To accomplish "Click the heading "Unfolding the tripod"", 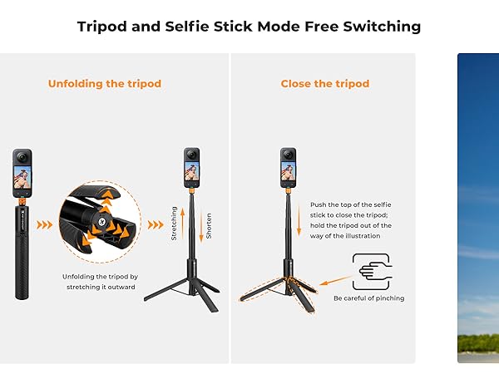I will coord(105,84).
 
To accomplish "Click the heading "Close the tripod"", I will coord(324,84).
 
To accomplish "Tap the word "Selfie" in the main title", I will coord(198,27).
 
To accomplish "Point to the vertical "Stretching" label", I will coord(174,224).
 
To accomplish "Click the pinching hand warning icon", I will coord(373,272).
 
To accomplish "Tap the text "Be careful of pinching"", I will coord(368,298).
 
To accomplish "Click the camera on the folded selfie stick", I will coord(22,173).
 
